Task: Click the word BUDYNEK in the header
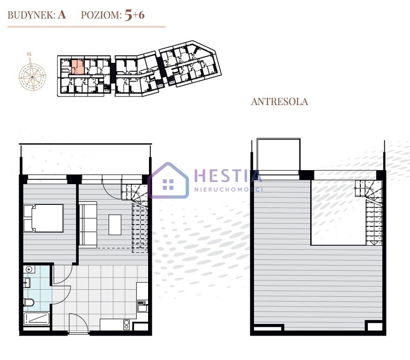tap(31, 15)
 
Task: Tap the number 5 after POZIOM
tap(128, 15)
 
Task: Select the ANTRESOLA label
tap(279, 102)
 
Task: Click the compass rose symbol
tap(32, 77)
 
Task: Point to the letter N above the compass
tap(29, 54)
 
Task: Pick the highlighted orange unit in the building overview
tap(78, 67)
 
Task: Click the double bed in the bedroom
tap(44, 218)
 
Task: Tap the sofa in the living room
tap(88, 225)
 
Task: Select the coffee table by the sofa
tap(115, 225)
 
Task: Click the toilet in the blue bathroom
tap(29, 302)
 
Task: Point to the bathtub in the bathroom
tap(37, 319)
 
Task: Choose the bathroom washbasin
tap(27, 283)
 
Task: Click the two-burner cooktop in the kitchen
tap(127, 324)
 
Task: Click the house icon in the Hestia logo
tap(168, 180)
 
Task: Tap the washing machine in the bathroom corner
tap(29, 270)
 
